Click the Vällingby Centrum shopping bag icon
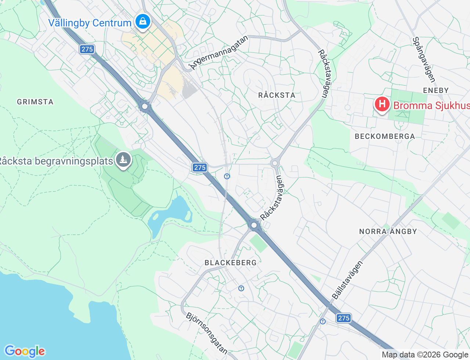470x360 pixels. tap(142, 22)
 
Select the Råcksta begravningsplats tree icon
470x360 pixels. tap(123, 160)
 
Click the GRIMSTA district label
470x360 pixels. tap(35, 102)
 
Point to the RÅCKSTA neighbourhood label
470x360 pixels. tap(276, 95)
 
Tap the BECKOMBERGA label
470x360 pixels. tap(384, 136)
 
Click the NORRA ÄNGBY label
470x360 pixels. tap(388, 231)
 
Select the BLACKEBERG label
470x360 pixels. tap(231, 263)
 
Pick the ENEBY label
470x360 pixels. tap(435, 90)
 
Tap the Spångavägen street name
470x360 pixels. tap(423, 60)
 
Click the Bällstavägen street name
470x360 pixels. tap(347, 280)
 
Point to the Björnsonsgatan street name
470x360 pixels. tap(207, 333)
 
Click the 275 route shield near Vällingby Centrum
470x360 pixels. tap(87, 49)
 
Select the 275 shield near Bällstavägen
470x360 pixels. tap(344, 318)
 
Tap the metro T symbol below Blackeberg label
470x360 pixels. tap(241, 288)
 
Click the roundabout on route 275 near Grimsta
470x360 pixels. tap(145, 107)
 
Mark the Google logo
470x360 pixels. tap(25, 351)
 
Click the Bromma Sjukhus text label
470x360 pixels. tap(431, 106)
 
